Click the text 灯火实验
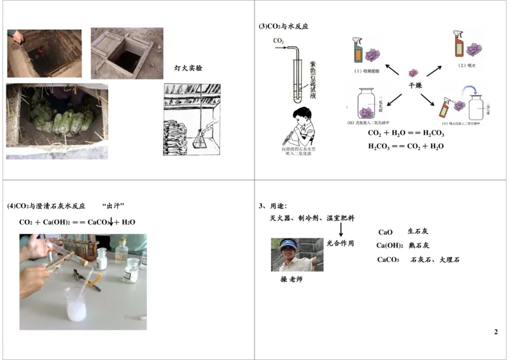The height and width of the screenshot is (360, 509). (188, 68)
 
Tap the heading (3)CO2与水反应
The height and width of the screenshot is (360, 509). (283, 27)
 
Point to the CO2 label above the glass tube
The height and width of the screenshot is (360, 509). (279, 41)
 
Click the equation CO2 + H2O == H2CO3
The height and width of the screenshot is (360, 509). (406, 134)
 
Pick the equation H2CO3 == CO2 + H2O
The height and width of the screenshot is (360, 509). (406, 146)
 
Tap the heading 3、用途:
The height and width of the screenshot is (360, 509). (273, 206)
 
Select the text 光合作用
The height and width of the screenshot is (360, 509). (340, 243)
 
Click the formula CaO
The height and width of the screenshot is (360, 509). (386, 232)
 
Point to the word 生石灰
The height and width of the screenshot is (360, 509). (418, 232)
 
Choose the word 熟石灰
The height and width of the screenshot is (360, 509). (418, 246)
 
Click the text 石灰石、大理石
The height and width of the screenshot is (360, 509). (435, 260)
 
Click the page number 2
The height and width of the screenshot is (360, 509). (496, 332)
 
